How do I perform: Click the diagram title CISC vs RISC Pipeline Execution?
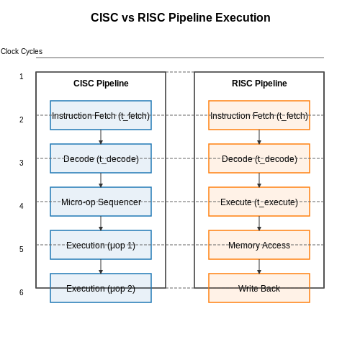coord(181,17)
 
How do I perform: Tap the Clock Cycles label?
coord(22,51)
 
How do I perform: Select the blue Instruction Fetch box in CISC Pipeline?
coord(101,115)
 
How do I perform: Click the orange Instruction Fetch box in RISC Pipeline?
coord(259,115)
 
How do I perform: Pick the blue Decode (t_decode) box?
coord(101,158)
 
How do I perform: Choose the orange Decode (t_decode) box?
coord(259,158)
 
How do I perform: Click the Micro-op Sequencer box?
coord(101,202)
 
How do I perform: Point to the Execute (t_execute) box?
coord(259,202)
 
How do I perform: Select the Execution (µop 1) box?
coord(101,245)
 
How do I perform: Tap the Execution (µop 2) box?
coord(101,288)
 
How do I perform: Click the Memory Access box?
coord(259,245)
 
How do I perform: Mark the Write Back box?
coord(259,288)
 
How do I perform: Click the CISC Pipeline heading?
coord(101,84)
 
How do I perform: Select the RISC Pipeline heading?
coord(259,84)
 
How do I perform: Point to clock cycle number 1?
coord(22,76)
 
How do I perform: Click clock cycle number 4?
coord(22,206)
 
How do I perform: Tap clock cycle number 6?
coord(22,292)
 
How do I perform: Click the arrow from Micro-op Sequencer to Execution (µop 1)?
coord(101,223)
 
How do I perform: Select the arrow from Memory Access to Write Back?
coord(259,266)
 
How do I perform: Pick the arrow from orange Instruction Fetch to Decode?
coord(259,137)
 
